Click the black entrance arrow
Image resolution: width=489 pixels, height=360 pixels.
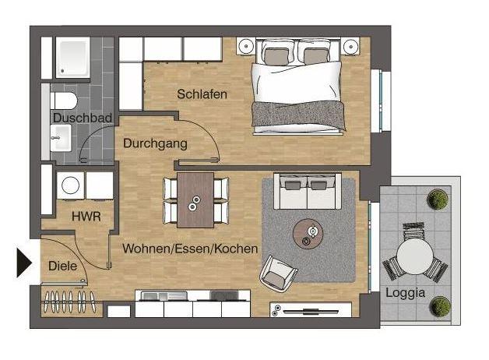tap(23, 263)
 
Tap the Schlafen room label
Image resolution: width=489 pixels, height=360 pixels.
tap(202, 94)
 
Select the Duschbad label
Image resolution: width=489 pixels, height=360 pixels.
tap(83, 118)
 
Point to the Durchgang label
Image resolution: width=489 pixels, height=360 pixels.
tap(155, 143)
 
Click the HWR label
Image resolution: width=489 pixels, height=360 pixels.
tap(86, 216)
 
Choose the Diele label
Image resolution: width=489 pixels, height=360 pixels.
tap(63, 266)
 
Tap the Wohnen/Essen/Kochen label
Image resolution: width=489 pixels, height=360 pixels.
tap(190, 249)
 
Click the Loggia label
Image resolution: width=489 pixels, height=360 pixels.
tap(406, 293)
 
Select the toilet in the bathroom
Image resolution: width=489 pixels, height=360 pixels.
tap(64, 101)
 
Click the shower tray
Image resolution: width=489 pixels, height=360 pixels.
tap(72, 58)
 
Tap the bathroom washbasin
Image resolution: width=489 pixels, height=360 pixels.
tap(61, 138)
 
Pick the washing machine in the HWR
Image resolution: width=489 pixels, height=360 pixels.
tap(71, 185)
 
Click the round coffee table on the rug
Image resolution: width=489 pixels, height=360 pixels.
tap(308, 234)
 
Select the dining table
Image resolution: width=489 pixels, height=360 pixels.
tap(195, 200)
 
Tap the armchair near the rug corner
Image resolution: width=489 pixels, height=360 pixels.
tap(278, 274)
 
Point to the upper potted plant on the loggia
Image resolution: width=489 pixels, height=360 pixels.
tap(438, 199)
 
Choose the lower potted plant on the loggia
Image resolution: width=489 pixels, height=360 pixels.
tap(440, 306)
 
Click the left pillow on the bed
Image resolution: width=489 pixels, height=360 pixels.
tap(276, 56)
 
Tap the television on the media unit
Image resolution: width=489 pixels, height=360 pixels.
tap(311, 312)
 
